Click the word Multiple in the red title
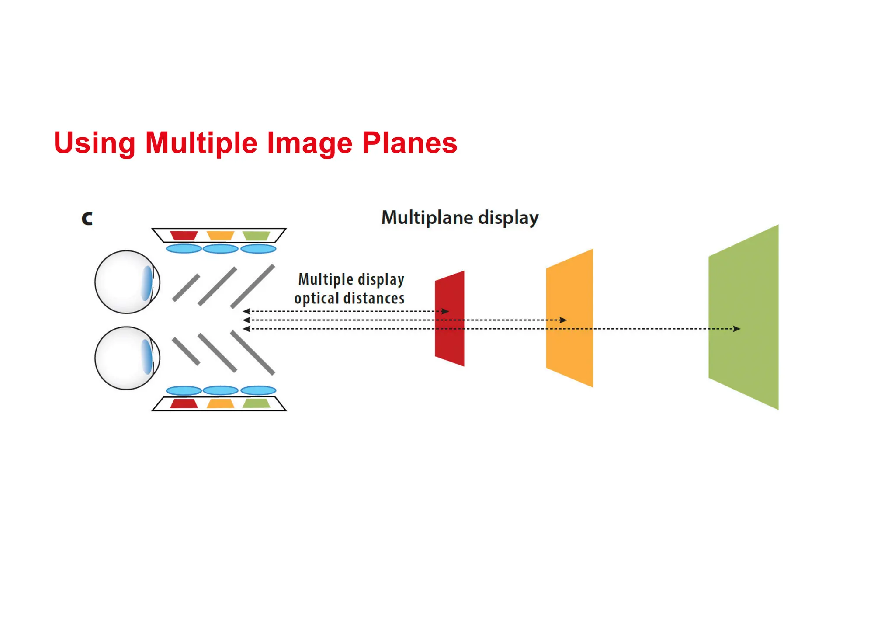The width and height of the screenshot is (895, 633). pyautogui.click(x=201, y=143)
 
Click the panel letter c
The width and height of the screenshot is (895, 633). pyautogui.click(x=87, y=218)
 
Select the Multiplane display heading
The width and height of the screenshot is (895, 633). pyautogui.click(x=460, y=218)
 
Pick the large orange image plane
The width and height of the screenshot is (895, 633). pyautogui.click(x=570, y=350)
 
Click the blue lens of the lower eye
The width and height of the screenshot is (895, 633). pyautogui.click(x=147, y=357)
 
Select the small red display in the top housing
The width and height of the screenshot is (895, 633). pyautogui.click(x=184, y=236)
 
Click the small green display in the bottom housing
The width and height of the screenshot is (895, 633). pyautogui.click(x=257, y=403)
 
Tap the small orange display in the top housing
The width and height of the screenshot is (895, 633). pyautogui.click(x=220, y=236)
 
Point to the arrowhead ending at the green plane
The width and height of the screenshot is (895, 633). pyautogui.click(x=737, y=329)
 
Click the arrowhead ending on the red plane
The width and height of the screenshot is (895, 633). pyautogui.click(x=445, y=311)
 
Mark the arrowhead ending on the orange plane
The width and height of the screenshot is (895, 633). pyautogui.click(x=564, y=320)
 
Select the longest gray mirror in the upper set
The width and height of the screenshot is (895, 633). pyautogui.click(x=253, y=286)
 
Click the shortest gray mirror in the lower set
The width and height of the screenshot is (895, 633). pyautogui.click(x=186, y=351)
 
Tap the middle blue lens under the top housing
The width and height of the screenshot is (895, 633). pyautogui.click(x=221, y=249)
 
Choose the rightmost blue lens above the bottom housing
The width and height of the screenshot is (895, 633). pyautogui.click(x=258, y=390)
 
